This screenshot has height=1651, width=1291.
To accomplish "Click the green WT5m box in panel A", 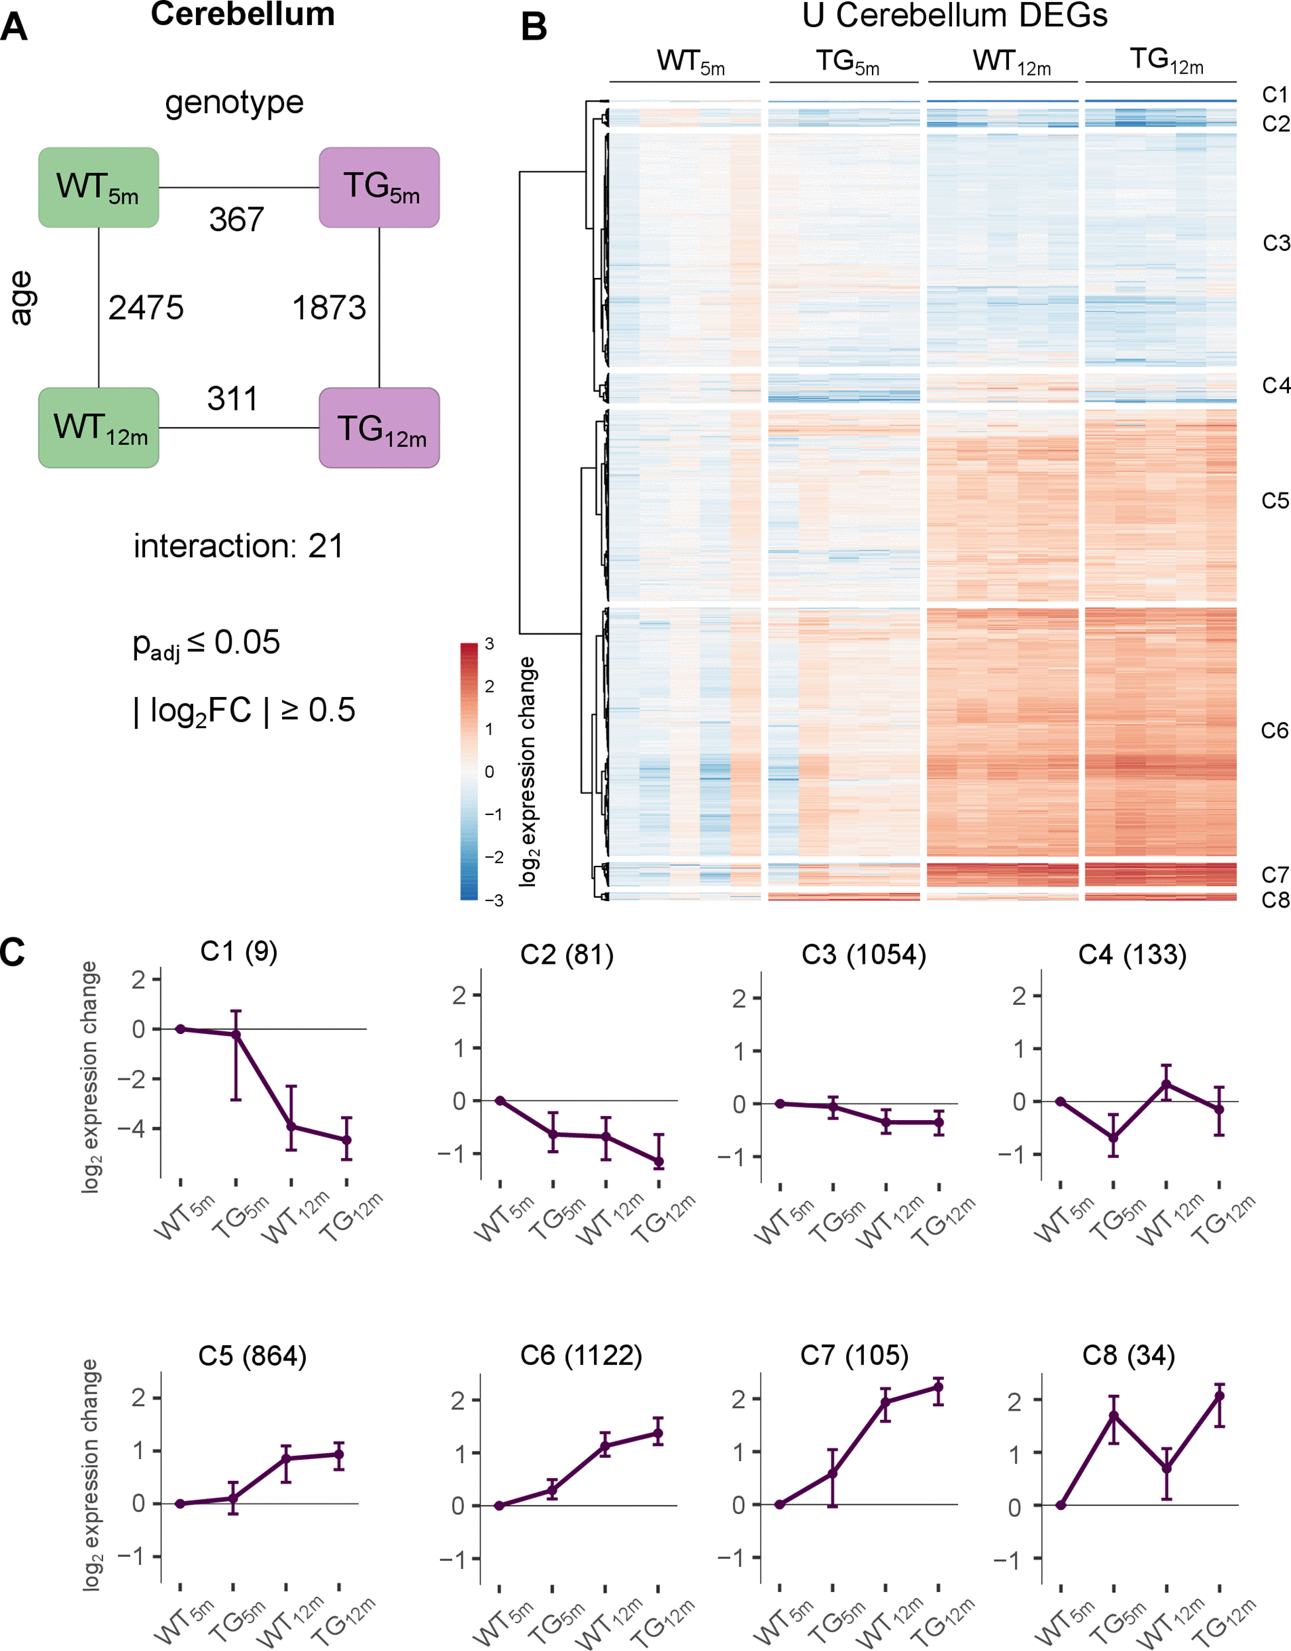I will click(x=98, y=187).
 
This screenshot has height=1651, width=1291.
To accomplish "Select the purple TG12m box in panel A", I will click(x=379, y=428).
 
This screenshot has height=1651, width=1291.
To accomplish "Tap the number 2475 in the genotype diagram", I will click(x=146, y=308).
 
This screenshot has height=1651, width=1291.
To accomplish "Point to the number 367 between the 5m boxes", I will click(x=236, y=220).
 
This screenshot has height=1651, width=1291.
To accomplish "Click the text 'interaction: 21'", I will click(x=238, y=545).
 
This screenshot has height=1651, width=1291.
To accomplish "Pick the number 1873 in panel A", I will click(x=329, y=308).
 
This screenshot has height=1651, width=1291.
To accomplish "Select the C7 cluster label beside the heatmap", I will click(x=1274, y=874).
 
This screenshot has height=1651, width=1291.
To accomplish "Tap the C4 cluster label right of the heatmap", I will click(x=1275, y=385).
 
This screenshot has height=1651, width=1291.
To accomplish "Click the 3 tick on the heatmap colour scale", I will click(x=489, y=644).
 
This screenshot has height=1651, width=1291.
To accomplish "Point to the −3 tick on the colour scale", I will click(x=494, y=900).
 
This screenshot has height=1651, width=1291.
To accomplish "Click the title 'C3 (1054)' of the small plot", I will click(x=863, y=955).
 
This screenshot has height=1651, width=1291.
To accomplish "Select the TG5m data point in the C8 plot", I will click(x=1114, y=1415).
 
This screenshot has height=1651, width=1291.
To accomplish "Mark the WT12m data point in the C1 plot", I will click(x=291, y=1126).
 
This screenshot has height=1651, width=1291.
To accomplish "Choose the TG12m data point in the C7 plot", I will click(x=939, y=1387).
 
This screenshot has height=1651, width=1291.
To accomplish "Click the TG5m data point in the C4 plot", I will click(x=1114, y=1137).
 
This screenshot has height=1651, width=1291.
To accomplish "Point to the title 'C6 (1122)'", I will click(x=581, y=1356).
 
